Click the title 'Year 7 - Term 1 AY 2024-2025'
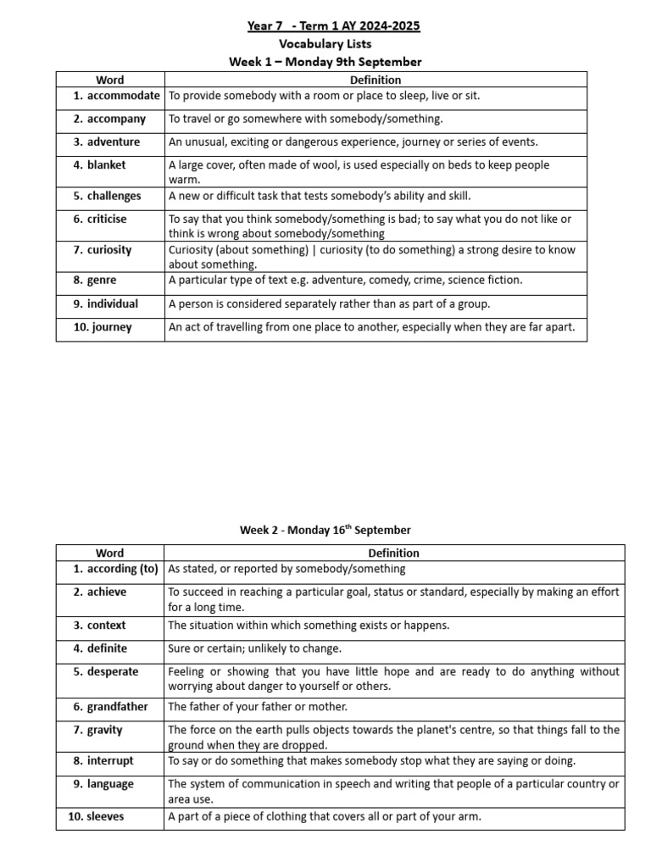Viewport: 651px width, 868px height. [x=333, y=26]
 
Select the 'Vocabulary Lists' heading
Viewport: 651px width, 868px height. [x=325, y=44]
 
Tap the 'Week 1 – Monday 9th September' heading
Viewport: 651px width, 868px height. [x=325, y=62]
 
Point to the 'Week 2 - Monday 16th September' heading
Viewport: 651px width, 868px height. [x=325, y=530]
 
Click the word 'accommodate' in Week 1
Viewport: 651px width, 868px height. [x=123, y=96]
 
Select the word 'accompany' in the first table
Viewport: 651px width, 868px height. [x=116, y=119]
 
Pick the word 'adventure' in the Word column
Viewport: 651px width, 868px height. [x=114, y=142]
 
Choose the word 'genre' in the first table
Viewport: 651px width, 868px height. [x=102, y=280]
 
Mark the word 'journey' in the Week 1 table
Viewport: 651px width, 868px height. [x=112, y=326]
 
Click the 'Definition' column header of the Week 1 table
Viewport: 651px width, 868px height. [x=376, y=80]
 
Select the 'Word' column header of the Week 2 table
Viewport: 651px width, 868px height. [x=109, y=553]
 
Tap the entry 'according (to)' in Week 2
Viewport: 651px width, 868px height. [x=122, y=569]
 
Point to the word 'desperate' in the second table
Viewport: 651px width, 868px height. [x=113, y=671]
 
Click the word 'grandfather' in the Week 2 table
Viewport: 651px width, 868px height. [x=117, y=706]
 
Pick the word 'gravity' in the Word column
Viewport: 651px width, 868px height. [x=104, y=729]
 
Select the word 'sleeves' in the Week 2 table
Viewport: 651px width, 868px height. [x=105, y=816]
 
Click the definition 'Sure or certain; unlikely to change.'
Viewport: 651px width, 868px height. [x=254, y=648]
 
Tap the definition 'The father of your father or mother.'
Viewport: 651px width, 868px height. [x=258, y=706]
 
